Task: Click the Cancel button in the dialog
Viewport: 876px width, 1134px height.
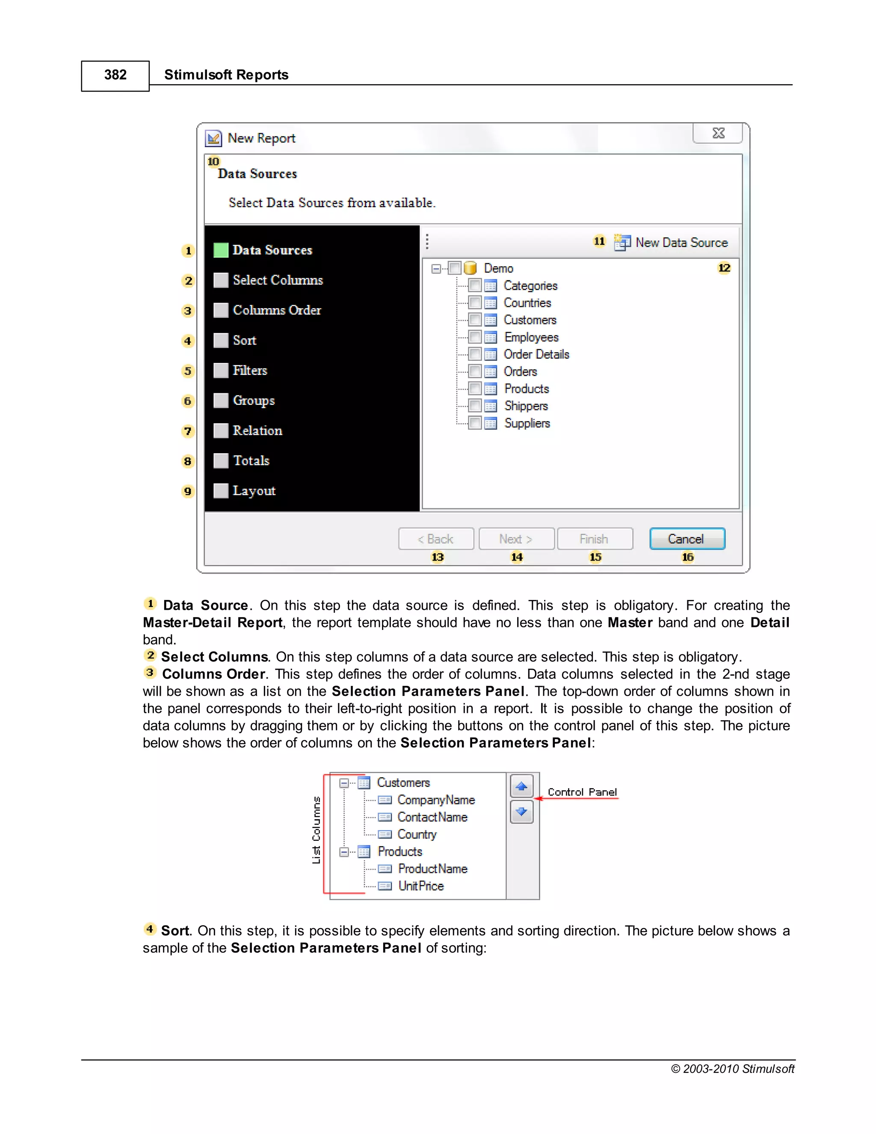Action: click(687, 538)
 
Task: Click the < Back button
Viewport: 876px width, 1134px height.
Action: click(436, 538)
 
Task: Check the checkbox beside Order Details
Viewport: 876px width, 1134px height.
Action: click(475, 354)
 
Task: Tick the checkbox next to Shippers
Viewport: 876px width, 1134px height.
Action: click(475, 406)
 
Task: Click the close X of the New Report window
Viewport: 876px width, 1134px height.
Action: click(718, 134)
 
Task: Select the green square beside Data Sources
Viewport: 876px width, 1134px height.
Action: click(221, 250)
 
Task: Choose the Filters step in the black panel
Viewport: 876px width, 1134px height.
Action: click(250, 370)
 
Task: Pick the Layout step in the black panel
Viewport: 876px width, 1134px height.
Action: click(254, 491)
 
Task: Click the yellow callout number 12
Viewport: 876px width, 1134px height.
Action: click(724, 268)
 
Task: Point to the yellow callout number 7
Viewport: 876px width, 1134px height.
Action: click(188, 431)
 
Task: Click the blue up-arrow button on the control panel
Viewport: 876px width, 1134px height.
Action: click(521, 787)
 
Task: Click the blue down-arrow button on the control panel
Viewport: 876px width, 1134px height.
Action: click(521, 811)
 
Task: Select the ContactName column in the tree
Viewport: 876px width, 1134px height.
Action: click(432, 817)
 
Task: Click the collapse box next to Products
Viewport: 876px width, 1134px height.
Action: click(343, 852)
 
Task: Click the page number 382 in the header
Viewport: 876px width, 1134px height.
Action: click(115, 75)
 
